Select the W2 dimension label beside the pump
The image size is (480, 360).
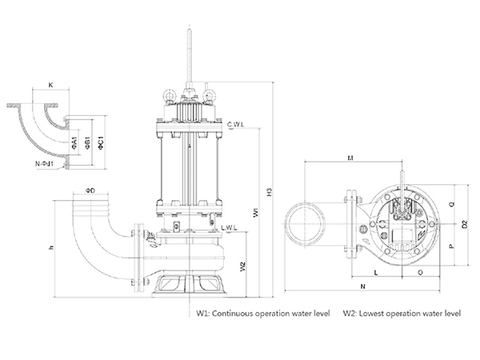tap(242, 265)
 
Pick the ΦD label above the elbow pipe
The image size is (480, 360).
tap(90, 190)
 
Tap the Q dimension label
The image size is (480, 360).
tap(454, 205)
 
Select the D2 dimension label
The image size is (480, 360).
tap(466, 225)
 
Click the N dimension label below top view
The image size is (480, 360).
tap(362, 286)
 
